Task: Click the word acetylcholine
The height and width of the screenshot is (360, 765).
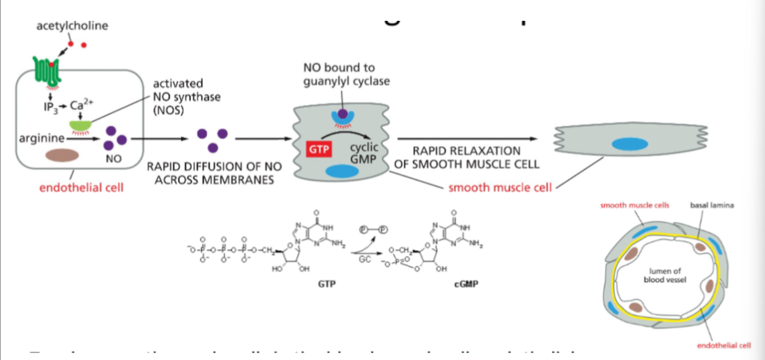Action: [x=72, y=26]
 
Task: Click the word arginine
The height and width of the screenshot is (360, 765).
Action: [x=41, y=139]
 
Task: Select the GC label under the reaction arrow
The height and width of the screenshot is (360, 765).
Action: [x=364, y=259]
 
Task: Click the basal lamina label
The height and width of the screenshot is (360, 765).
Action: [x=710, y=205]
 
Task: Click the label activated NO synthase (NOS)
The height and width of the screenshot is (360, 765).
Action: [x=186, y=97]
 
